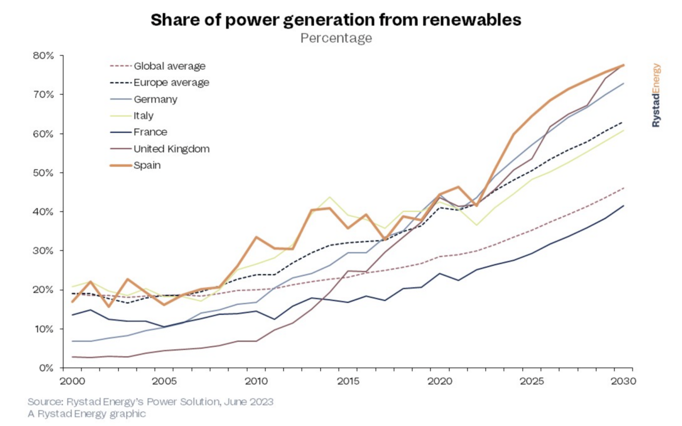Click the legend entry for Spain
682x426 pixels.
pos(147,165)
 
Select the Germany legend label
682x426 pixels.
pos(156,99)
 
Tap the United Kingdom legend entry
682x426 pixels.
pos(172,149)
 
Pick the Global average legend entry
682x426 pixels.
pos(169,66)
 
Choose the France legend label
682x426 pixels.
pos(150,132)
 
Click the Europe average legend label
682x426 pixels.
pos(171,83)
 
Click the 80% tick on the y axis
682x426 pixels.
pos(44,55)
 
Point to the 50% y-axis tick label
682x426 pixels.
pos(44,173)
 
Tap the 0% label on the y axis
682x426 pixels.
pos(46,368)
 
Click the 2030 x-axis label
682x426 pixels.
pos(622,382)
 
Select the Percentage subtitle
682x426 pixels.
pos(336,38)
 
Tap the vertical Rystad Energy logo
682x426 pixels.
pos(656,95)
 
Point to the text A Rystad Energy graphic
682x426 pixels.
pos(87,413)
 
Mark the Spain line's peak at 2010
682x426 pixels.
pos(256,237)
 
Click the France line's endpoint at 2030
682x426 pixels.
pos(623,206)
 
